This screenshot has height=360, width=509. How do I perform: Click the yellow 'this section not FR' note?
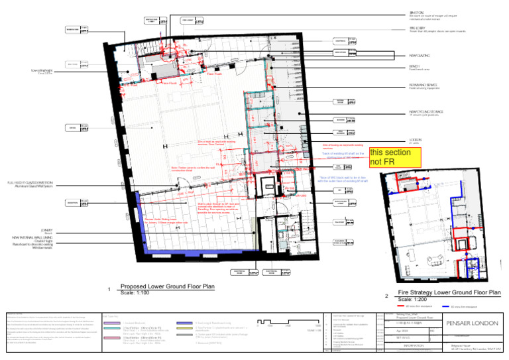(394, 156)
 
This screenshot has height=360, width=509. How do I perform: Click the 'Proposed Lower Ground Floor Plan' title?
(167, 287)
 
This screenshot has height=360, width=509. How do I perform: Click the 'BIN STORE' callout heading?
(417, 13)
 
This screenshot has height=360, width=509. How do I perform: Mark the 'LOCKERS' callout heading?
(416, 140)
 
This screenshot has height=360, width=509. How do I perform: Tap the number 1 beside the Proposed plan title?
(109, 290)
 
